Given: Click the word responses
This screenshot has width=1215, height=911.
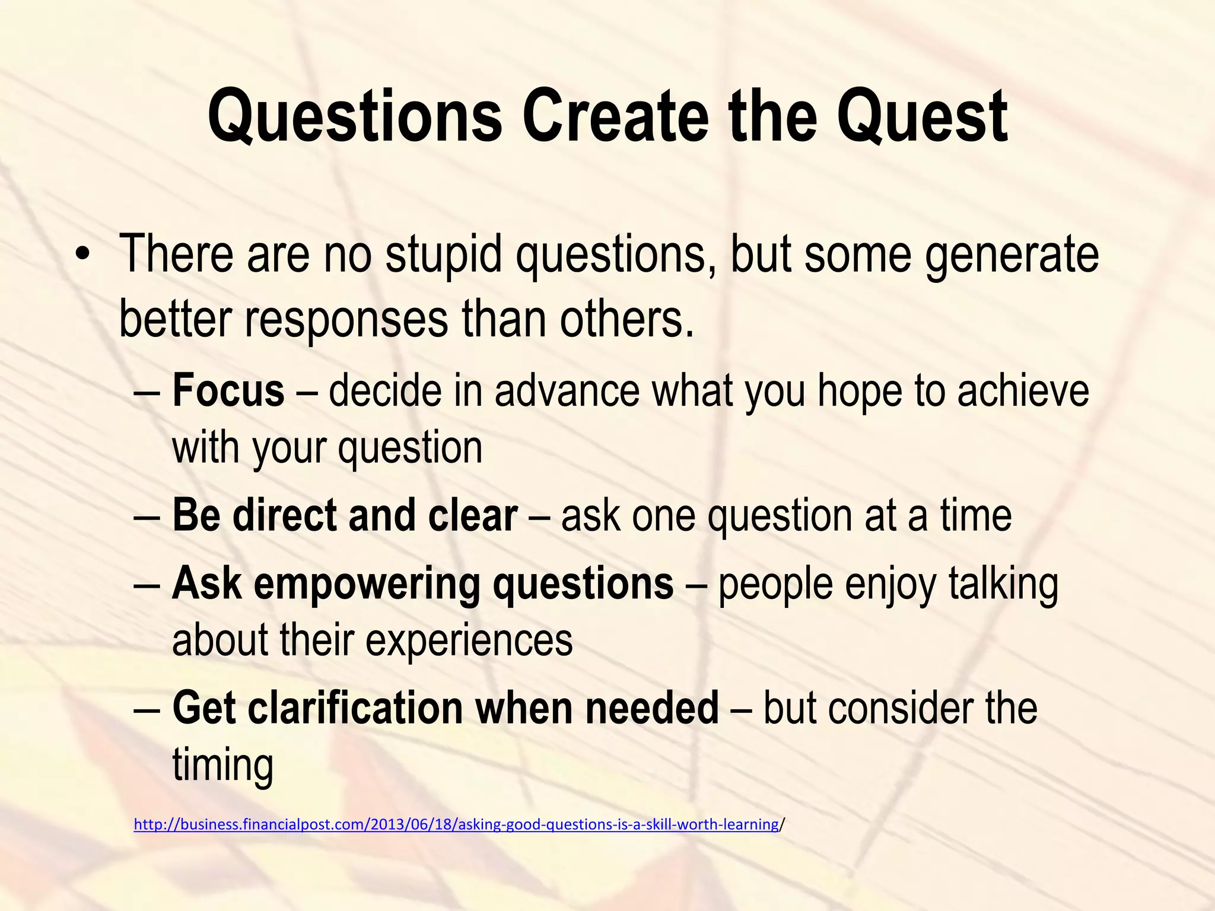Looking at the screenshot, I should (346, 320).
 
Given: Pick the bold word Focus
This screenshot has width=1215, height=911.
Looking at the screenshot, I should (228, 391).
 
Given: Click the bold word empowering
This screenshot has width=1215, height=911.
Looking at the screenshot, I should (367, 584).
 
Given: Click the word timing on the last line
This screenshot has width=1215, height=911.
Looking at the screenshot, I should (222, 766).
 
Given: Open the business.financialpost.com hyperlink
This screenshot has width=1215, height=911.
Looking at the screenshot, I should (456, 824).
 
